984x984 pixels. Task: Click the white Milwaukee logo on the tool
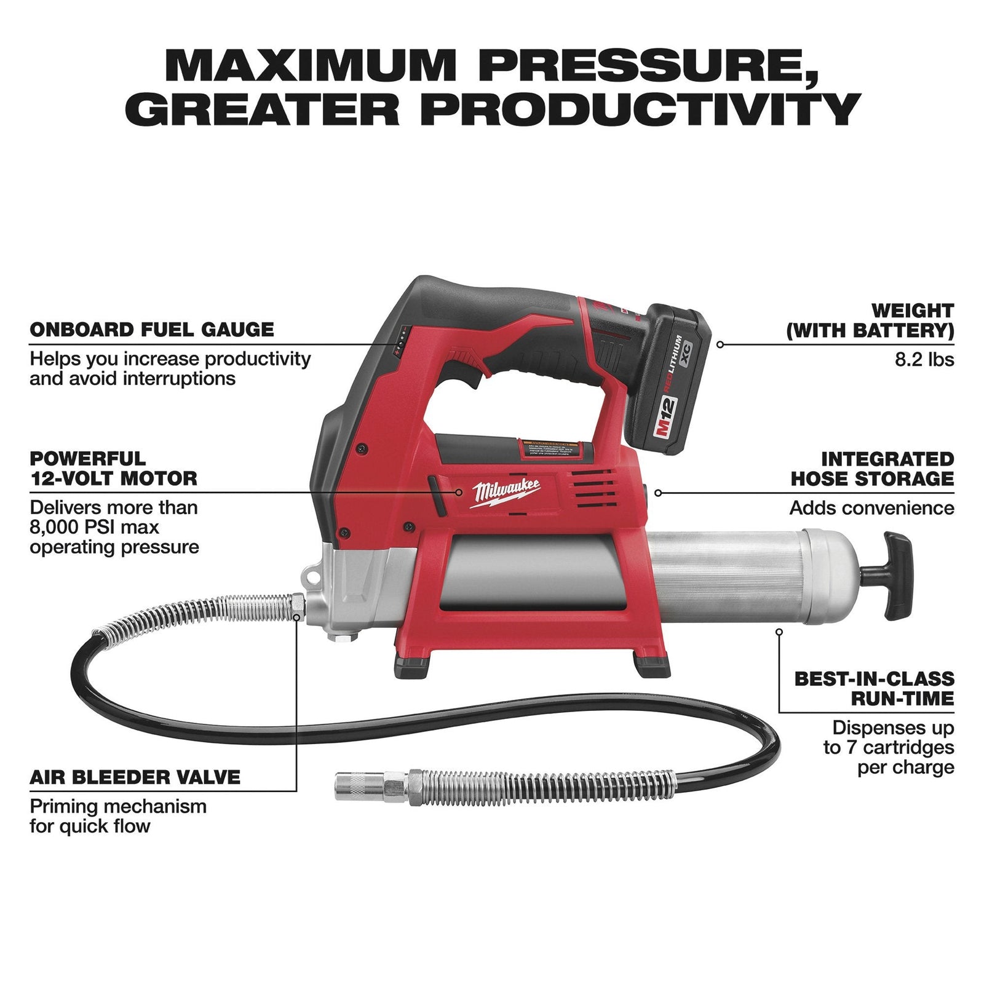(506, 492)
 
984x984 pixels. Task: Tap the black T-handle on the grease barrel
(897, 575)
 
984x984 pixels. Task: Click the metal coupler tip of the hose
(360, 787)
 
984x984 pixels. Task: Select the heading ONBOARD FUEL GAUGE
(152, 330)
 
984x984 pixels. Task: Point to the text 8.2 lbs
(924, 359)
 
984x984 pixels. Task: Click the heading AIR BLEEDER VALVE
(135, 777)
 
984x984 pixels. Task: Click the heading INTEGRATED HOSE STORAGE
(872, 469)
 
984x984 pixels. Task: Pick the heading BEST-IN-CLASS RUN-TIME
(875, 688)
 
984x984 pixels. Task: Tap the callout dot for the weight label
(720, 344)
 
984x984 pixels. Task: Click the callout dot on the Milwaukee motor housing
(459, 492)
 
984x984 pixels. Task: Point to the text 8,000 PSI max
(95, 527)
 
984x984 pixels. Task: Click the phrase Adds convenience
(871, 508)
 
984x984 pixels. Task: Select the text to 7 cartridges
(889, 747)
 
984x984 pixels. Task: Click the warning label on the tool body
(550, 448)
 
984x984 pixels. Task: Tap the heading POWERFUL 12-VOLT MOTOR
(113, 469)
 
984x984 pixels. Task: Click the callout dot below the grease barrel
(779, 632)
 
